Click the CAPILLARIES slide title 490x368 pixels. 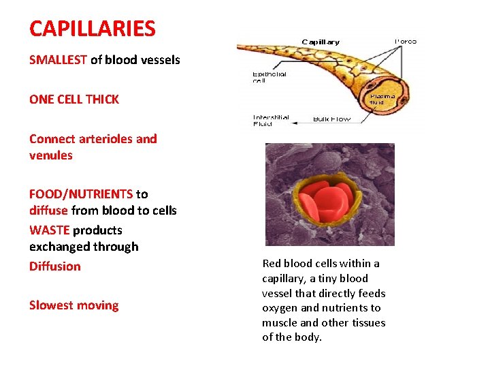click(92, 29)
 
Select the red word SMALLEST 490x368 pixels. click(58, 60)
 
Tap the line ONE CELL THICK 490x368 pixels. click(73, 99)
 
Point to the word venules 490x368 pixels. click(50, 155)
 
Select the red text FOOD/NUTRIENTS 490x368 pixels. click(80, 194)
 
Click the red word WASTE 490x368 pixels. click(49, 230)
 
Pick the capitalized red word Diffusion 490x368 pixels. click(54, 266)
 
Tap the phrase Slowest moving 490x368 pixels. click(73, 305)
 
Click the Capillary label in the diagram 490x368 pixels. click(321, 42)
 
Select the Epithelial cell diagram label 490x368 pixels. click(269, 77)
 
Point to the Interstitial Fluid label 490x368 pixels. click(270, 120)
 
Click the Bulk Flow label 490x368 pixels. click(331, 119)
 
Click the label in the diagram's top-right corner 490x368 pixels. click(406, 42)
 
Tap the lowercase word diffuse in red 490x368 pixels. click(48, 211)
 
